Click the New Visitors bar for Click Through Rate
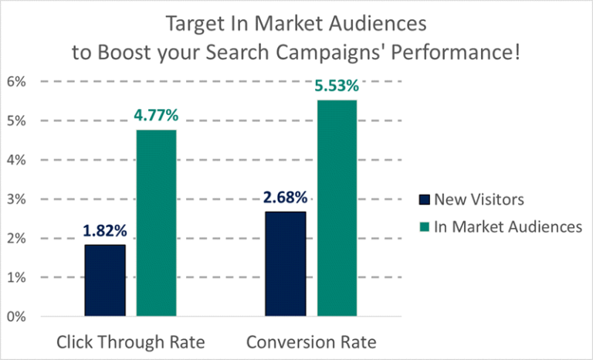click(x=105, y=280)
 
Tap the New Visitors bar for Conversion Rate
click(x=285, y=263)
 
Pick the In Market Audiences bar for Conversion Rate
click(x=337, y=208)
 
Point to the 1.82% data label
click(x=105, y=230)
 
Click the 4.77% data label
click(x=157, y=116)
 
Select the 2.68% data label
click(x=285, y=198)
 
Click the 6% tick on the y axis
click(x=18, y=82)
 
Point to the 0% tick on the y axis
click(x=18, y=317)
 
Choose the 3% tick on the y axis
click(x=18, y=199)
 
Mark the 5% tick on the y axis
click(x=18, y=121)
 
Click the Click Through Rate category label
click(x=131, y=341)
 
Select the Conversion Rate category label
click(x=311, y=341)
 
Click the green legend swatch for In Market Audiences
click(x=422, y=226)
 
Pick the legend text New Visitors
click(x=479, y=200)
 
